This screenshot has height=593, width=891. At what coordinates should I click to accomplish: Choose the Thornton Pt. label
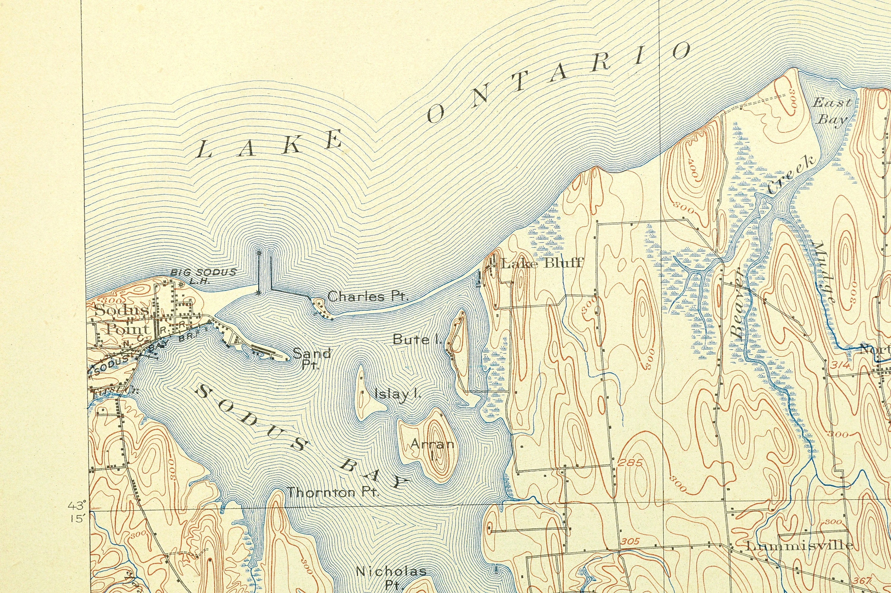(333, 493)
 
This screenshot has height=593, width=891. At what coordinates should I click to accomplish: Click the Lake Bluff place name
(542, 263)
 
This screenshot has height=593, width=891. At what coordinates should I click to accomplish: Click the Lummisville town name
(799, 545)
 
